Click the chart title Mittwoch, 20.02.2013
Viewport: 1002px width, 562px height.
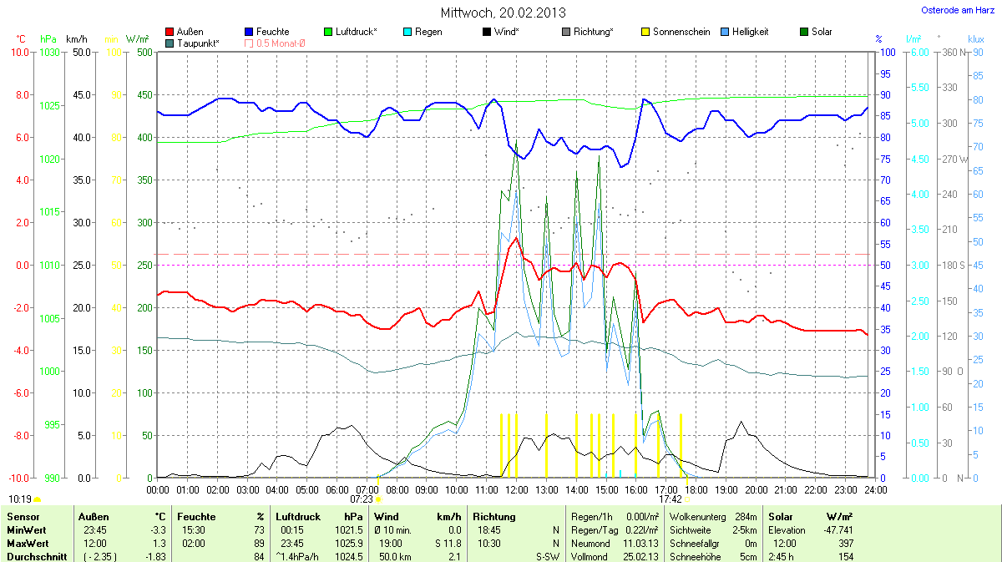point(503,13)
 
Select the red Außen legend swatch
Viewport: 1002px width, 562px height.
point(170,32)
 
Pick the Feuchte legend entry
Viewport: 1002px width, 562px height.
point(272,32)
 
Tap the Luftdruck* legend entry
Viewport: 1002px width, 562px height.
point(356,32)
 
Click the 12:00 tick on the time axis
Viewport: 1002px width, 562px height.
point(517,489)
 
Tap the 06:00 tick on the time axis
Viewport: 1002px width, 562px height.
point(337,489)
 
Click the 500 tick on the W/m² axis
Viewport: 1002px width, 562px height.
point(144,52)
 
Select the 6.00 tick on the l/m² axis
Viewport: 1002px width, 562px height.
point(918,52)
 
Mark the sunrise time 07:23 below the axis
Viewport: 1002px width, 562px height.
point(365,499)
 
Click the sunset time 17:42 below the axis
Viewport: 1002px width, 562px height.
point(671,499)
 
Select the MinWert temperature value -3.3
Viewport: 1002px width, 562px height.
point(158,530)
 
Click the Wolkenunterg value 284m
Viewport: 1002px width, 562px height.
point(746,517)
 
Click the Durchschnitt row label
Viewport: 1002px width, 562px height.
point(37,557)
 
